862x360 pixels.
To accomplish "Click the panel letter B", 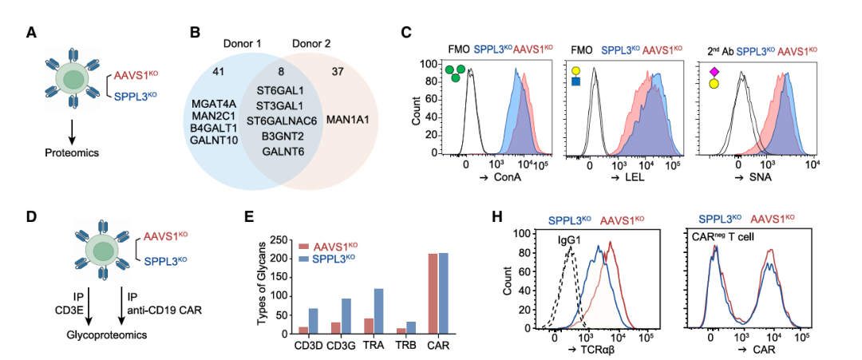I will [193, 33].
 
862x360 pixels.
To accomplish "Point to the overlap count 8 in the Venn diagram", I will [281, 72].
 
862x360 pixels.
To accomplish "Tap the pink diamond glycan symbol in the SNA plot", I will [714, 72].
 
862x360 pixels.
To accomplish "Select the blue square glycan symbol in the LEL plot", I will [575, 82].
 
